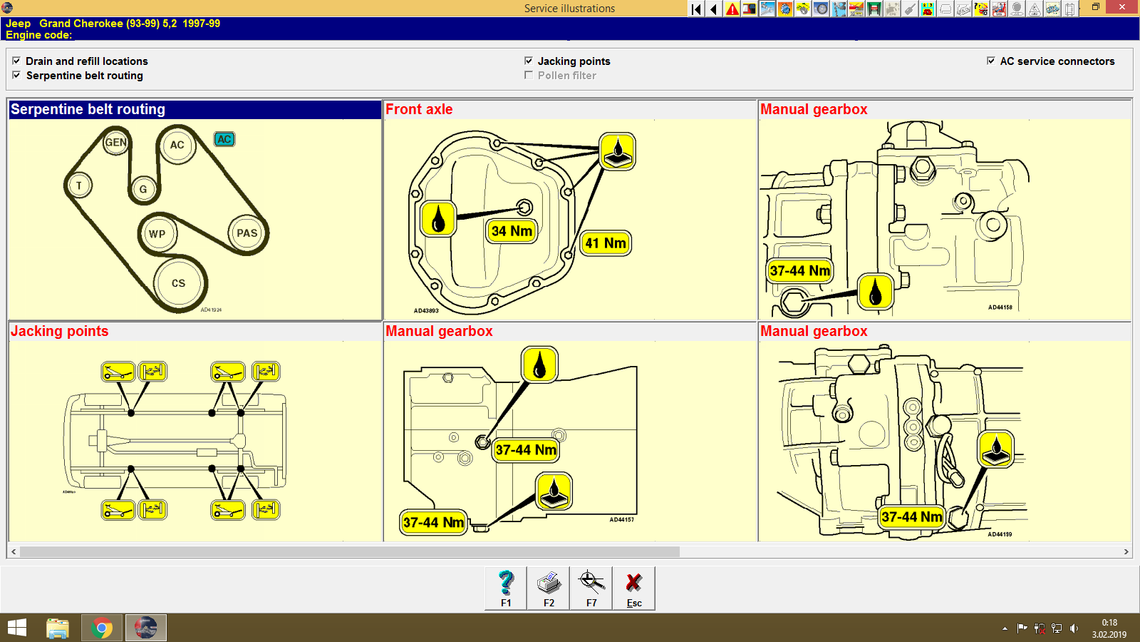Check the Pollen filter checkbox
[529, 75]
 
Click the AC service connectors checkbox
[991, 61]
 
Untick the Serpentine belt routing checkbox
[16, 75]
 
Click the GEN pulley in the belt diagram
[115, 142]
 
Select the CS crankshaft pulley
[178, 283]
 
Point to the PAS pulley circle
[247, 233]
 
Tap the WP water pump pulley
[157, 233]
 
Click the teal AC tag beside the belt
[224, 139]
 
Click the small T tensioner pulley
[79, 185]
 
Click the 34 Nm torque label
[512, 231]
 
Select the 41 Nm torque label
[606, 243]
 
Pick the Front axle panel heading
[419, 109]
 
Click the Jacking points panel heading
[60, 331]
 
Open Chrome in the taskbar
[102, 628]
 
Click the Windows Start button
[17, 628]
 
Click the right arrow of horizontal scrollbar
[1126, 551]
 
